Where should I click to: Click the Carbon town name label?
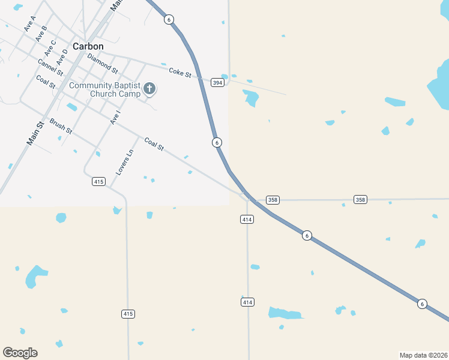[x=88, y=46]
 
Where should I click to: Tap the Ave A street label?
[x=29, y=23]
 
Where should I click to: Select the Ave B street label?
[x=41, y=34]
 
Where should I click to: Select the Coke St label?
[x=179, y=73]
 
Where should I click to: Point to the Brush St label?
[x=61, y=125]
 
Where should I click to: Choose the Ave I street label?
[x=115, y=118]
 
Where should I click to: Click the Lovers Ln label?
[x=125, y=162]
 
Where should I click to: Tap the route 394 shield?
[x=217, y=81]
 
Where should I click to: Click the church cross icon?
[x=149, y=89]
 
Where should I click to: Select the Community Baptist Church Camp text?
[x=104, y=89]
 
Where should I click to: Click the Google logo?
[x=20, y=353]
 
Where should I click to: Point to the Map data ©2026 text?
[x=423, y=355]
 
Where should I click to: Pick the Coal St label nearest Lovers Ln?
[x=154, y=144]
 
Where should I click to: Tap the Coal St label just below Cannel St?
[x=46, y=81]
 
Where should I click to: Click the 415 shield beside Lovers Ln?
[x=99, y=181]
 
